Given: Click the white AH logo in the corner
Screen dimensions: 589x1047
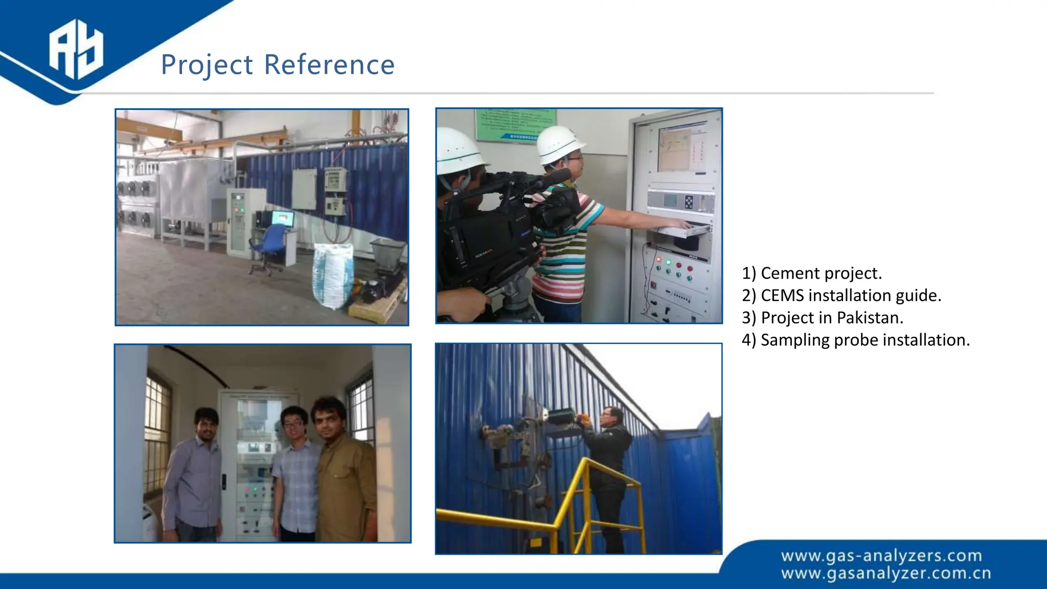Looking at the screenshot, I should pyautogui.click(x=76, y=49).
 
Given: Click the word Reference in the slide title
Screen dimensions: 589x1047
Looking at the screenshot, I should pyautogui.click(x=329, y=65).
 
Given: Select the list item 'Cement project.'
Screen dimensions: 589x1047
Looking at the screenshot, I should pyautogui.click(x=821, y=273).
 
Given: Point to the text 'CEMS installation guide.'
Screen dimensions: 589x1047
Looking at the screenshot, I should pyautogui.click(x=850, y=296).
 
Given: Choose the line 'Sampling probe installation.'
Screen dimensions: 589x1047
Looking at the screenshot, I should pyautogui.click(x=864, y=340).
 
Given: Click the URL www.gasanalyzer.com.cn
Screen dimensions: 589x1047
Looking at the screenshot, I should pyautogui.click(x=885, y=574).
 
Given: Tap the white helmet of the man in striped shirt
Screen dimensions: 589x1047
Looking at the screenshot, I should pyautogui.click(x=559, y=143).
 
